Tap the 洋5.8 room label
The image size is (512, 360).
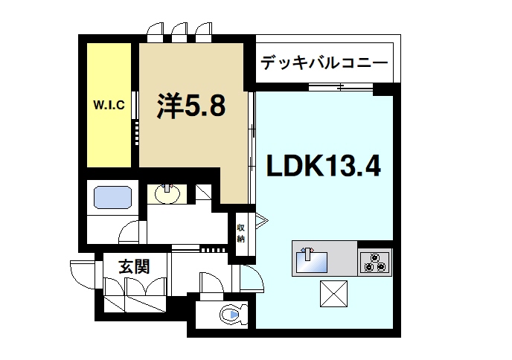point(191,108)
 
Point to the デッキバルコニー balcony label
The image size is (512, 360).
point(324,63)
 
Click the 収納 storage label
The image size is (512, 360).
point(241,233)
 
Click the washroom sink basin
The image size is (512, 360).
point(167,195)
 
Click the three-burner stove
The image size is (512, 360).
point(374,263)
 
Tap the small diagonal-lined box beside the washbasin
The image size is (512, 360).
point(202,193)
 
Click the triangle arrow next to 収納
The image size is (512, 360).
point(260,221)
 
